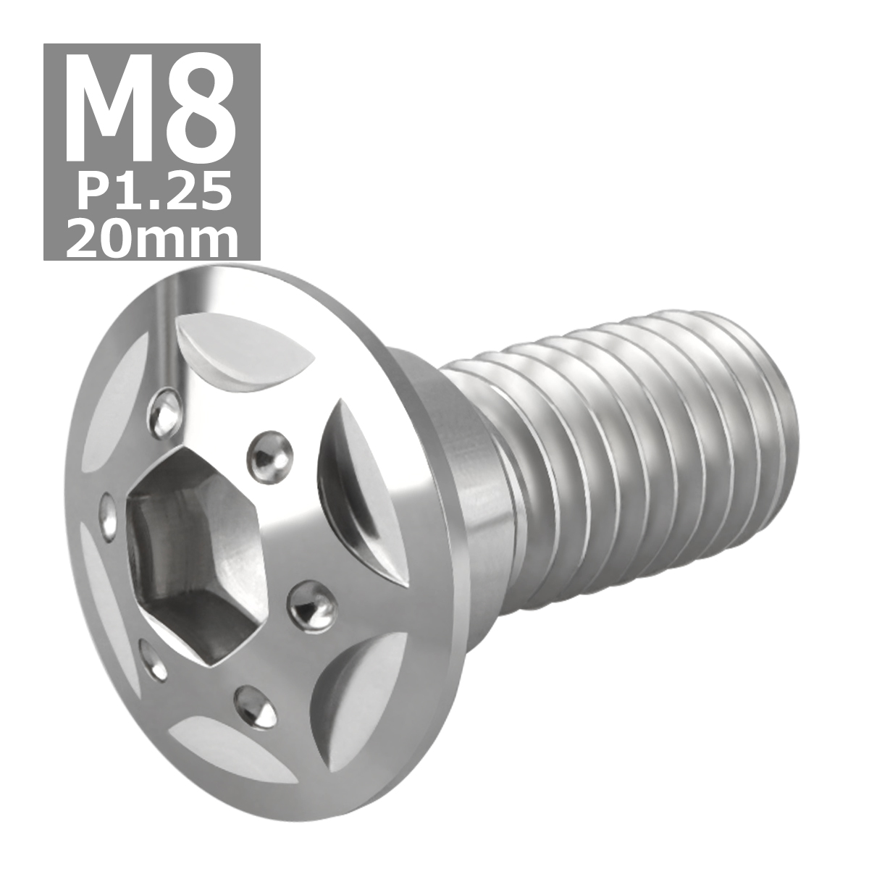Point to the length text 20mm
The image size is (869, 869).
click(x=152, y=236)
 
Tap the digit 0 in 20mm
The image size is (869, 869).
click(x=118, y=236)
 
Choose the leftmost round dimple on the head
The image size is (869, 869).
click(x=109, y=516)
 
